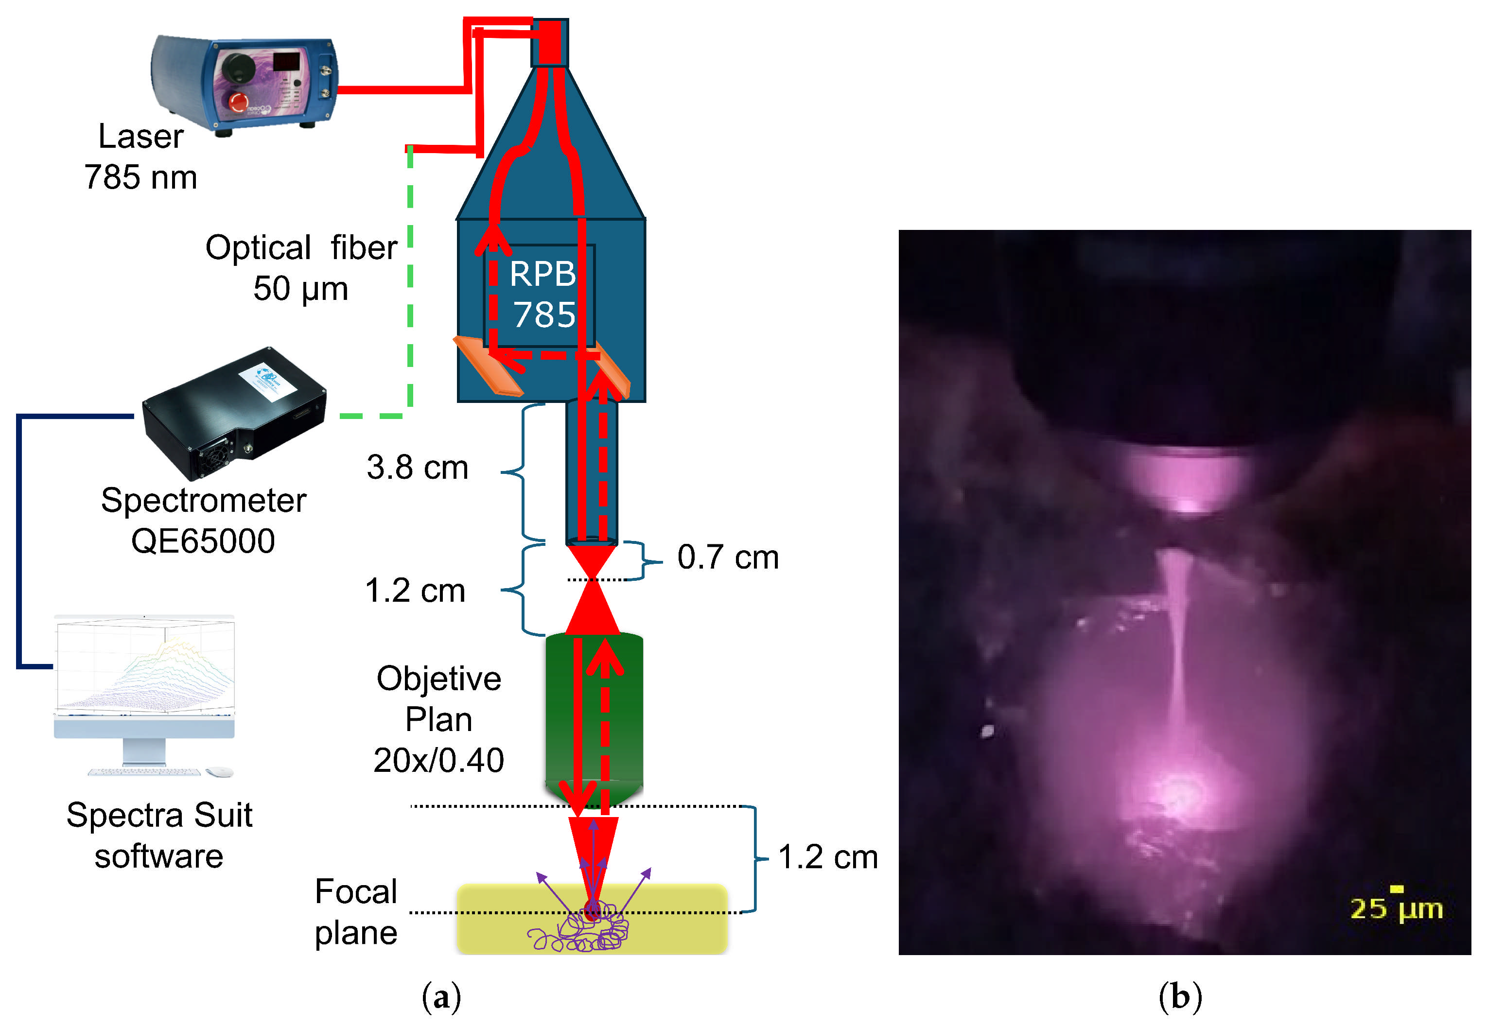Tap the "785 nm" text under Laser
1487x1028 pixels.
click(x=140, y=177)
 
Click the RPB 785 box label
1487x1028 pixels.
click(x=542, y=295)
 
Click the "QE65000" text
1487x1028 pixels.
click(x=203, y=540)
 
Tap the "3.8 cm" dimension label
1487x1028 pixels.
click(x=417, y=467)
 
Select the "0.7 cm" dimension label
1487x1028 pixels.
click(x=728, y=557)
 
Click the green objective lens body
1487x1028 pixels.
click(x=594, y=715)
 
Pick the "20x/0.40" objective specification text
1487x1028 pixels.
click(x=438, y=761)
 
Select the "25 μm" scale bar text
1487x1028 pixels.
click(x=1396, y=909)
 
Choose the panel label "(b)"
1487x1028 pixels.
click(x=1180, y=997)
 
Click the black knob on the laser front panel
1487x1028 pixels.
click(x=238, y=66)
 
